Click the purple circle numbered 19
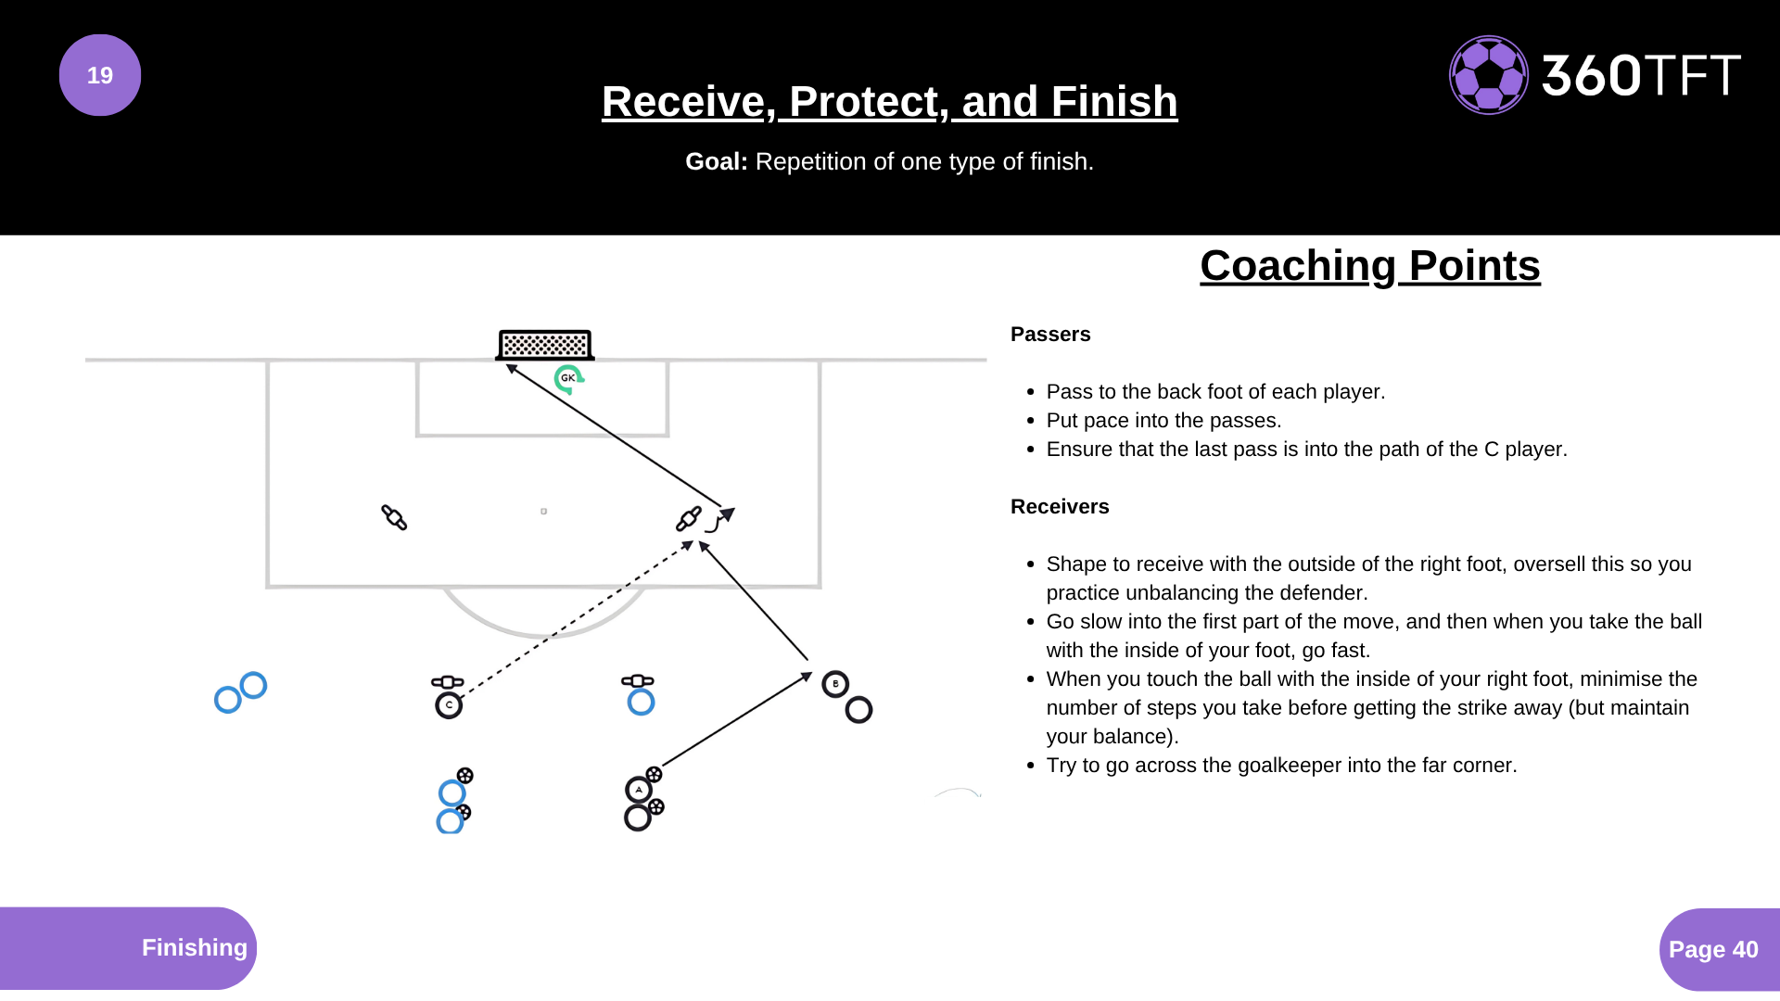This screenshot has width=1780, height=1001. pyautogui.click(x=100, y=75)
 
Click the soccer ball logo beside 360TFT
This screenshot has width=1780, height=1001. pyautogui.click(x=1488, y=75)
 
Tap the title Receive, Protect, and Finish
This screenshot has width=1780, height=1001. pyautogui.click(x=889, y=101)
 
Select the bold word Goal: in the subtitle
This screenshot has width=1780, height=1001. pyautogui.click(x=716, y=161)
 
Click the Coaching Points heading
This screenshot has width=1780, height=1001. pyautogui.click(x=1369, y=266)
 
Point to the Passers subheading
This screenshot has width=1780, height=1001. pyautogui.click(x=1050, y=335)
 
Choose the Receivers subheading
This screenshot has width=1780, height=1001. pyautogui.click(x=1060, y=507)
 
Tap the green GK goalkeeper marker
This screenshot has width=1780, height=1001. pyautogui.click(x=567, y=378)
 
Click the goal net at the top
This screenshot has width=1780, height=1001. pyautogui.click(x=545, y=345)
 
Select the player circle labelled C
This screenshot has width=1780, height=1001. pyautogui.click(x=449, y=705)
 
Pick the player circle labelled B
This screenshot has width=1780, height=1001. pyautogui.click(x=835, y=684)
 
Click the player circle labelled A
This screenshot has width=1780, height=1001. pyautogui.click(x=638, y=790)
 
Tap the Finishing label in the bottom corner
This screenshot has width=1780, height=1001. pyautogui.click(x=194, y=947)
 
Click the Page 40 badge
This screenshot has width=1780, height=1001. pyautogui.click(x=1713, y=949)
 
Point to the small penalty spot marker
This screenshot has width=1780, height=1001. pyautogui.click(x=543, y=511)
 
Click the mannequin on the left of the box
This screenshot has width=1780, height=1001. pyautogui.click(x=394, y=517)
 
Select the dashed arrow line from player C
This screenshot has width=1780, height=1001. pyautogui.click(x=575, y=618)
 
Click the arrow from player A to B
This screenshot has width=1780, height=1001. pyautogui.click(x=737, y=719)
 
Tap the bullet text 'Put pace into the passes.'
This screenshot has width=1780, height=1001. pyautogui.click(x=1163, y=421)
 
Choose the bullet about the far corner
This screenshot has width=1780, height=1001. pyautogui.click(x=1281, y=766)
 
